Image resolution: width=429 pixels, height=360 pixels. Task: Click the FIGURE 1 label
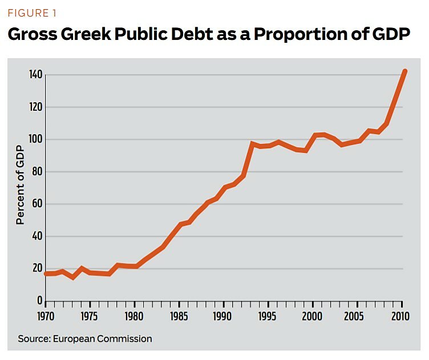click(32, 13)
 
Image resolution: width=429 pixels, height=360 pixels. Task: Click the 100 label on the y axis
click(35, 139)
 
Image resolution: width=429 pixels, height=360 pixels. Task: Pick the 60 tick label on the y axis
click(37, 204)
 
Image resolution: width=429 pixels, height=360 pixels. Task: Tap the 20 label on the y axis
click(37, 269)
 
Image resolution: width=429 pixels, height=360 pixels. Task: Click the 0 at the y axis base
click(39, 301)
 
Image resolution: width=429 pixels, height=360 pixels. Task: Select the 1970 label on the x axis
click(45, 315)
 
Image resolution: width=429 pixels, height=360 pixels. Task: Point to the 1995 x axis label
click(267, 315)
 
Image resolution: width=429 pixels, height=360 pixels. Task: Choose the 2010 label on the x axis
click(401, 315)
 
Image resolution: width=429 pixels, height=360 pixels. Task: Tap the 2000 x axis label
click(311, 315)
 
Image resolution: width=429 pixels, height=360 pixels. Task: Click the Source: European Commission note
click(85, 339)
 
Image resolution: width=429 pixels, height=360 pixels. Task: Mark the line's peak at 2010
click(404, 71)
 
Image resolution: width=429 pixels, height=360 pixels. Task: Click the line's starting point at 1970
click(46, 274)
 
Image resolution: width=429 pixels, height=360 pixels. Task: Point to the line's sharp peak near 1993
click(252, 144)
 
